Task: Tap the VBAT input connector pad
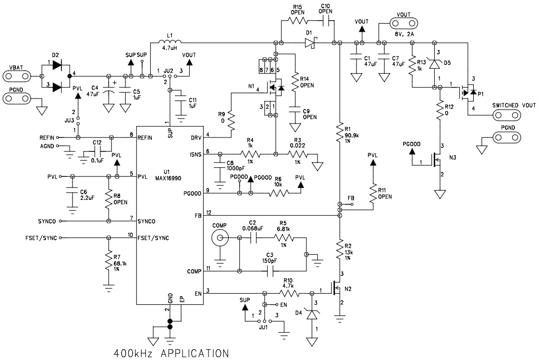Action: coord(17,76)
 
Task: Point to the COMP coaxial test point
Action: coord(221,238)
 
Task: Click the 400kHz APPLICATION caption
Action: coord(171,353)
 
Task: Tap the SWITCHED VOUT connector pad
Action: coord(508,116)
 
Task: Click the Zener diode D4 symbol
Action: coord(313,315)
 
